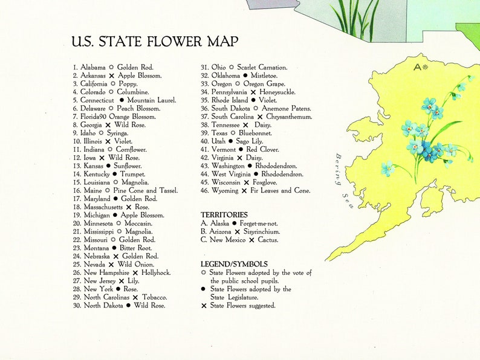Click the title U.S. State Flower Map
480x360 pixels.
pos(154,42)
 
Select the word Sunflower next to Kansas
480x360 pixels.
pos(128,166)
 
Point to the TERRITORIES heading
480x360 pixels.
pos(224,214)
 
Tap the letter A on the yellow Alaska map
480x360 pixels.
pos(417,67)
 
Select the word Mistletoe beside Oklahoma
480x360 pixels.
pos(264,76)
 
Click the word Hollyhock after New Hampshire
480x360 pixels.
pos(156,272)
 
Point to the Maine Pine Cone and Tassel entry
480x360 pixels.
pos(125,190)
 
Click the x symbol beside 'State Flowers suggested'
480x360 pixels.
pos(204,306)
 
